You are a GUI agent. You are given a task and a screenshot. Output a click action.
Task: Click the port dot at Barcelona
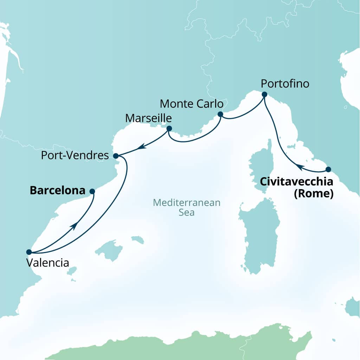point(92,191)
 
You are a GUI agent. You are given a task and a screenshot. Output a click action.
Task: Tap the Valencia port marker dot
point(29,252)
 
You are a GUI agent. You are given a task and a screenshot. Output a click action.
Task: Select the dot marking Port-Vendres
point(116,155)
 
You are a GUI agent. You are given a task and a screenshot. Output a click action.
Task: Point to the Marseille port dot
point(169,129)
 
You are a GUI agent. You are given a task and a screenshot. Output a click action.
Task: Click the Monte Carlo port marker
point(220,114)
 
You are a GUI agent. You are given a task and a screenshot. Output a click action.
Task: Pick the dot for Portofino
point(264,94)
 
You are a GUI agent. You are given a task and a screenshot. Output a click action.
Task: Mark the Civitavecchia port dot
point(328,169)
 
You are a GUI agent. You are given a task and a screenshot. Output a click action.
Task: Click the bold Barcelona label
point(58,191)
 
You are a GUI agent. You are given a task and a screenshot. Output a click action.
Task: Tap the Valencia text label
point(47,263)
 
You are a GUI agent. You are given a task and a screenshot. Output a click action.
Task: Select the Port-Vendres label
point(75,155)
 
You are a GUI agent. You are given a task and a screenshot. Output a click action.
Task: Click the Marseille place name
point(149,118)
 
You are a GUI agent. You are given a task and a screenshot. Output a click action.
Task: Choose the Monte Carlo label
point(192,104)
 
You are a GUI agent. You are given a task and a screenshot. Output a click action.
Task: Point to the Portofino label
point(285,84)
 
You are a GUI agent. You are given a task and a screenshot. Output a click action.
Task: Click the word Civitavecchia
point(296,182)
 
